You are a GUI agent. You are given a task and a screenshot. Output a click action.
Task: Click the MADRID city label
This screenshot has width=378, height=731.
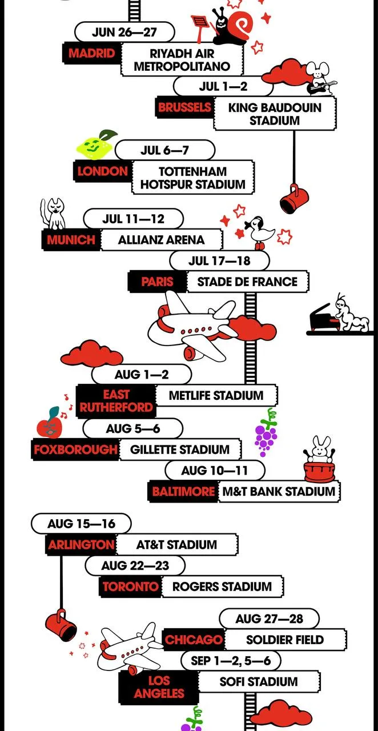(x=92, y=53)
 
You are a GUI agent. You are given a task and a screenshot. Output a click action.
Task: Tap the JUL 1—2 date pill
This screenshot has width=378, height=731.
(x=223, y=86)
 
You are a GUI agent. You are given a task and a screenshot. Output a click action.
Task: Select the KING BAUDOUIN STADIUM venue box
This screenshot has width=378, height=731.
(x=275, y=114)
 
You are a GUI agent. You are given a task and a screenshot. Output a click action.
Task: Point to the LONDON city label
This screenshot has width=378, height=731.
(x=102, y=171)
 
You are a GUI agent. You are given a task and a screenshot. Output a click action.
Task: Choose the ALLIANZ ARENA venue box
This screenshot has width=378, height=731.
(x=161, y=240)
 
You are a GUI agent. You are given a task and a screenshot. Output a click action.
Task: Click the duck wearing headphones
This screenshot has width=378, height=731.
(x=260, y=232)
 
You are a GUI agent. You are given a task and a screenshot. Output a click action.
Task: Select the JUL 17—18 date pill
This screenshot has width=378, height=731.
(x=219, y=261)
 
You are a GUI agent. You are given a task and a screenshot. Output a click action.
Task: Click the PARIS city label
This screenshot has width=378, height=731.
(x=158, y=282)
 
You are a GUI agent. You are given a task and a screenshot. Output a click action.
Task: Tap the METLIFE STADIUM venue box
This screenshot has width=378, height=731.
(x=216, y=396)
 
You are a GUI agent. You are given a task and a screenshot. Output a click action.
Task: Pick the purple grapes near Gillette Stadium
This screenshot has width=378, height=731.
(x=266, y=432)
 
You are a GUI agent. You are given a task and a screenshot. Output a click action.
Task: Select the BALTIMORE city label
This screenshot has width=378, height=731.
(x=183, y=492)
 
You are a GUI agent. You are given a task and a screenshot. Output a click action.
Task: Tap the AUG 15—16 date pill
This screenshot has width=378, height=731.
(x=81, y=524)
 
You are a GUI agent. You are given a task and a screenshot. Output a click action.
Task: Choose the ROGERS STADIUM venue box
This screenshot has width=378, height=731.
(x=222, y=587)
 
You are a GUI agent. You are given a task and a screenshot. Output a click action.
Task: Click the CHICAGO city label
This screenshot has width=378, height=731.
(x=194, y=639)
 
